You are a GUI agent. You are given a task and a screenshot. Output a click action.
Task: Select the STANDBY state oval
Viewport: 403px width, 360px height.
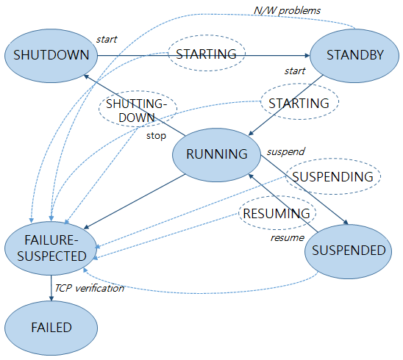pyautogui.click(x=350, y=55)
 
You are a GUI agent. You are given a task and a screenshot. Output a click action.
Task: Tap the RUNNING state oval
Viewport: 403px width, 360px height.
pyautogui.click(x=216, y=154)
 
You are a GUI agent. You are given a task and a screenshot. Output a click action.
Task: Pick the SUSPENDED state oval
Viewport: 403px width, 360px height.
pyautogui.click(x=348, y=251)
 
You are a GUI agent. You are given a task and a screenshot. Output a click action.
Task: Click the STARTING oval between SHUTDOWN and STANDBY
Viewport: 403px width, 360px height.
pyautogui.click(x=207, y=54)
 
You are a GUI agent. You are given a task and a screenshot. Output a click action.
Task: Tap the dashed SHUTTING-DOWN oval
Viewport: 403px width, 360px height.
pyautogui.click(x=139, y=110)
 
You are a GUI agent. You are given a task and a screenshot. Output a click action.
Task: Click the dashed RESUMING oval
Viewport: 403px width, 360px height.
pyautogui.click(x=277, y=214)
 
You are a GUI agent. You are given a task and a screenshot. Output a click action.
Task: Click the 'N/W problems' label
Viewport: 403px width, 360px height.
pyautogui.click(x=286, y=10)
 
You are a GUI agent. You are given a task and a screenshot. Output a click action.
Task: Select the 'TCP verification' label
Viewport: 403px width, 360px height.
pyautogui.click(x=89, y=287)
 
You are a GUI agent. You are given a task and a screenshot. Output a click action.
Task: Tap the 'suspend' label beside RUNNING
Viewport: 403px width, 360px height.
pyautogui.click(x=285, y=151)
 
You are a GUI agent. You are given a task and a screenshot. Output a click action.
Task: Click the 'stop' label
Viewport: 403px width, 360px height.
pyautogui.click(x=155, y=135)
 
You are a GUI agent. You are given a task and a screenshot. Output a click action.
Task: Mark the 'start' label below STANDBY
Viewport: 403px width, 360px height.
pyautogui.click(x=294, y=71)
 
